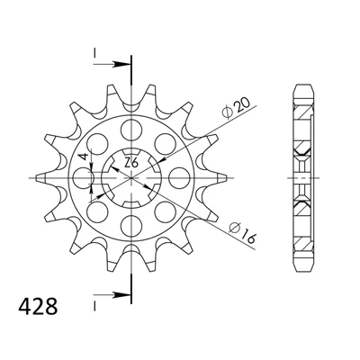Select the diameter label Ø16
point(242,232)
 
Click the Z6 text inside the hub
point(131,164)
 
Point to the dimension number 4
point(85,157)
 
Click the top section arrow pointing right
point(112,64)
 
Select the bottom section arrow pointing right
point(112,295)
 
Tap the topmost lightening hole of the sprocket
point(131,130)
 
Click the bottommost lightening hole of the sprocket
point(131,226)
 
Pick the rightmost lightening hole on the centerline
point(179,178)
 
